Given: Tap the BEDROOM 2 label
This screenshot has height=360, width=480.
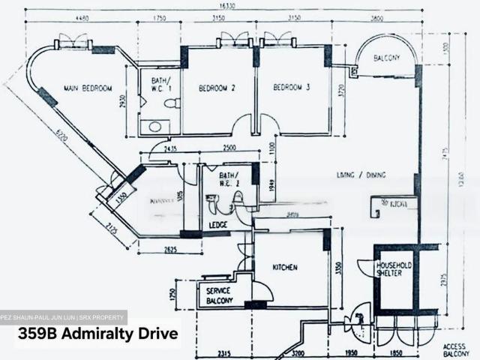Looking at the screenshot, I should tap(217, 88).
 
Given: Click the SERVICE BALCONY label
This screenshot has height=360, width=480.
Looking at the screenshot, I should tap(215, 295).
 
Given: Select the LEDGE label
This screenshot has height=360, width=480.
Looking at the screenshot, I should tap(217, 225).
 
